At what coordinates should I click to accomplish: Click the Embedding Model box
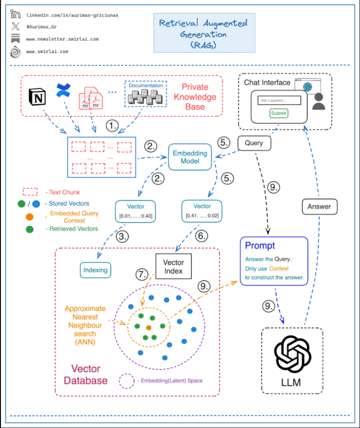190,157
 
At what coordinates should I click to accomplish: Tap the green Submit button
279,113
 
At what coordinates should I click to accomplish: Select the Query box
254,143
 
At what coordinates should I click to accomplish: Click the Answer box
319,207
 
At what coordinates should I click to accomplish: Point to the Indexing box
95,270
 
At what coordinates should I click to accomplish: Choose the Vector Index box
173,266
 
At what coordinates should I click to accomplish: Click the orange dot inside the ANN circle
149,327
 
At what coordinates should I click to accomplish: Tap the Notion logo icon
37,97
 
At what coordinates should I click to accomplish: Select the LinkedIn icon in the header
16,14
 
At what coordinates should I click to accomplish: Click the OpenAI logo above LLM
292,354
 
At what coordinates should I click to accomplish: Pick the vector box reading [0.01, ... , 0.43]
136,212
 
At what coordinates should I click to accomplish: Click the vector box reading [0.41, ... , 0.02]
202,211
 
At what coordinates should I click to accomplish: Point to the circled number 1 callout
112,126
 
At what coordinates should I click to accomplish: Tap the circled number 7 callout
142,274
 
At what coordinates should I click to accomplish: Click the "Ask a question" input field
279,100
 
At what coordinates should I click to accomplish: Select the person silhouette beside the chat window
319,101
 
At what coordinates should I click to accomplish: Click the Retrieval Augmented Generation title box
204,33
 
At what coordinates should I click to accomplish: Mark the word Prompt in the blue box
260,246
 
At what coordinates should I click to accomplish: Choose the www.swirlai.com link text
47,52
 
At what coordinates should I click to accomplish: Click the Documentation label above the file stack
146,86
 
